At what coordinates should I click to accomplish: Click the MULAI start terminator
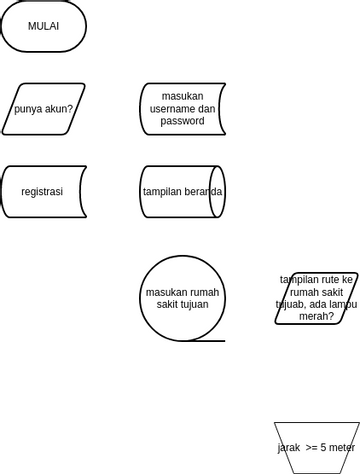(43, 27)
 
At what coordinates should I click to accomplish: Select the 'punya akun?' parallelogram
(43, 109)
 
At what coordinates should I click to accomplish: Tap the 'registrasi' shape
(42, 191)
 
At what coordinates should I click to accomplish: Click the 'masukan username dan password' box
(182, 109)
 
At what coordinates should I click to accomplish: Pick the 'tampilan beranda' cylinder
(182, 191)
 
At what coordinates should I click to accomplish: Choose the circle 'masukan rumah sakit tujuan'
(182, 298)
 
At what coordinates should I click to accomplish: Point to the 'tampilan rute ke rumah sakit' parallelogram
(316, 298)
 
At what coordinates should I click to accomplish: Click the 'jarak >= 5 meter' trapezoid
(316, 447)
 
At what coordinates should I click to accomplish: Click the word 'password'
(182, 121)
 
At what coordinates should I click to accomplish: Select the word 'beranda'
(204, 191)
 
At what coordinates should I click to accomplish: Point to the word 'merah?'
(316, 316)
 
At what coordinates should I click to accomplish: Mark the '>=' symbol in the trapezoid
(311, 448)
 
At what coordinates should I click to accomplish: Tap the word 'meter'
(342, 448)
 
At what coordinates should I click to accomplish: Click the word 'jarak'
(289, 448)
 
